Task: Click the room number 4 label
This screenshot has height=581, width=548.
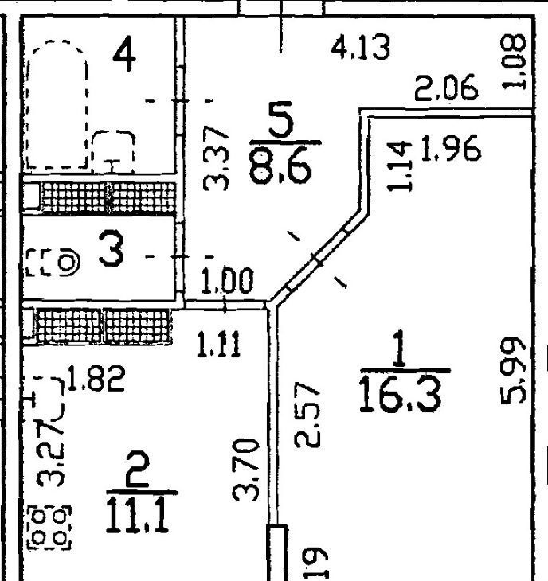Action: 125,56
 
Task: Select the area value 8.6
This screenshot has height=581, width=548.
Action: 284,166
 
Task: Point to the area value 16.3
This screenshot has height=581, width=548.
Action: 399,394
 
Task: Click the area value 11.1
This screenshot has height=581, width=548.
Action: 140,515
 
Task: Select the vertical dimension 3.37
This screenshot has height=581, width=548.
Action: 216,158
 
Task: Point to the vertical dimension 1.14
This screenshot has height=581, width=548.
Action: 402,165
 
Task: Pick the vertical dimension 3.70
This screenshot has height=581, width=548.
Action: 248,469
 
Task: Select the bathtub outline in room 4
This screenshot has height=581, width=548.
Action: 56,103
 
